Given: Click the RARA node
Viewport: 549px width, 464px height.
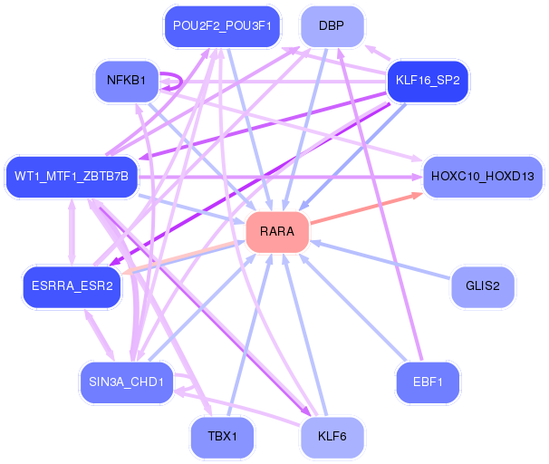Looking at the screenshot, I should [277, 232].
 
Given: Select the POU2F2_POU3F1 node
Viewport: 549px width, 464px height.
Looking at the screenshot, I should [222, 26].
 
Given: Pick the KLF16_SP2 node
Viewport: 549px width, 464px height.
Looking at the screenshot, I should [428, 81].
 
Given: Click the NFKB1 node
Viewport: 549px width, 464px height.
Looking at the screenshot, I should [127, 81].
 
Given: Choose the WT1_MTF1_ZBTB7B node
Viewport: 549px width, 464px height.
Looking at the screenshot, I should [71, 175].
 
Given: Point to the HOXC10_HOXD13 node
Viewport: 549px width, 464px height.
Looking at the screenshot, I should [483, 175].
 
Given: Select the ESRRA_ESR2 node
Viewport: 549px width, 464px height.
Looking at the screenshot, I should [72, 286].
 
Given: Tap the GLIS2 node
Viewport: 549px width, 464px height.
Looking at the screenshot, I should [483, 286].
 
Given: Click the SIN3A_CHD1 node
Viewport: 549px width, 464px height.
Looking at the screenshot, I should [126, 382].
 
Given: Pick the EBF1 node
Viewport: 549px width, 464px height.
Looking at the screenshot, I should [428, 382].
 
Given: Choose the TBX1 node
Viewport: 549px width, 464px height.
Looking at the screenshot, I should [222, 436].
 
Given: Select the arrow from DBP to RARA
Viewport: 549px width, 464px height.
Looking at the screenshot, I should [304, 127].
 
